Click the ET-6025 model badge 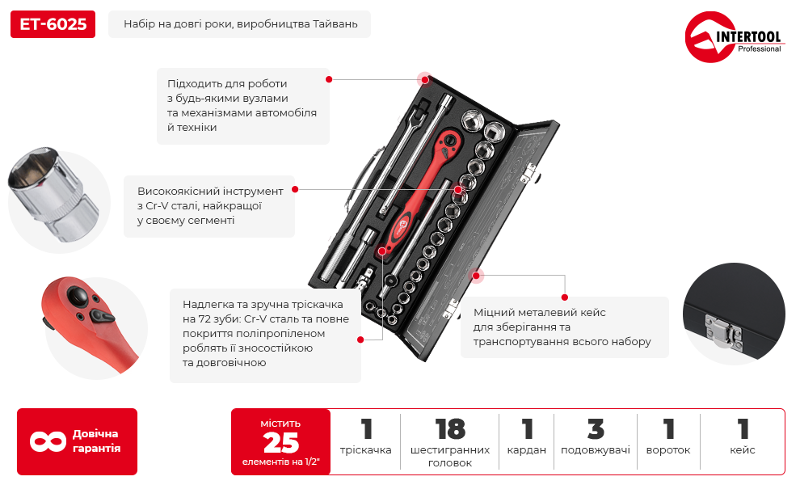click(x=53, y=24)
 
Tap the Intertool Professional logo click(x=734, y=36)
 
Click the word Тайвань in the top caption click(x=335, y=24)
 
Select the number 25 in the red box click(x=280, y=443)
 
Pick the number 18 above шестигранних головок click(x=450, y=429)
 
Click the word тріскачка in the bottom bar click(x=366, y=449)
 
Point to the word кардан click(x=527, y=450)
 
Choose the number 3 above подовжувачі click(x=596, y=429)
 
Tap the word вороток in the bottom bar click(x=667, y=450)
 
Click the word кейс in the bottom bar click(x=743, y=449)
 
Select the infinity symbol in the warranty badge click(x=48, y=441)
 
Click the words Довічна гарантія click(x=96, y=441)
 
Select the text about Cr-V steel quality click(x=209, y=206)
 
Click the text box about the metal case click(x=564, y=327)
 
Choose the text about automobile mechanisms click(x=243, y=106)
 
